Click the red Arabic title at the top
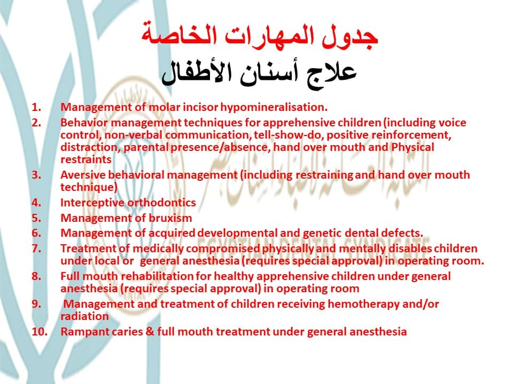click(x=260, y=36)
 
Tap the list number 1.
click(x=36, y=107)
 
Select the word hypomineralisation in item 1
click(x=274, y=107)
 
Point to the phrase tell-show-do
click(x=289, y=135)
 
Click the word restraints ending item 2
click(x=86, y=159)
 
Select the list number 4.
click(x=36, y=203)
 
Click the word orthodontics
click(x=161, y=203)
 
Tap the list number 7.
click(x=36, y=249)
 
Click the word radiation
click(x=84, y=316)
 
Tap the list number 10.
click(x=39, y=332)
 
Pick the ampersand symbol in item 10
click(x=150, y=332)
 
